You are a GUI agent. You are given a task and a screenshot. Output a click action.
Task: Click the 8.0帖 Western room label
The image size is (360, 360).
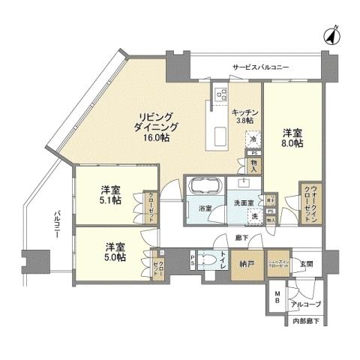292,138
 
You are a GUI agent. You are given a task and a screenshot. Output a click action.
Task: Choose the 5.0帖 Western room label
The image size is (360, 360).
115,252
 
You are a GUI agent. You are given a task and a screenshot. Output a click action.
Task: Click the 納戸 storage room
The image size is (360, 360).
246,264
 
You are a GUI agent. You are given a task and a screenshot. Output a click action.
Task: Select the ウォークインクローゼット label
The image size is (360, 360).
310,202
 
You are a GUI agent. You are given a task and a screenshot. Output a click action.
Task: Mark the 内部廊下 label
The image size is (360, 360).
304,321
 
